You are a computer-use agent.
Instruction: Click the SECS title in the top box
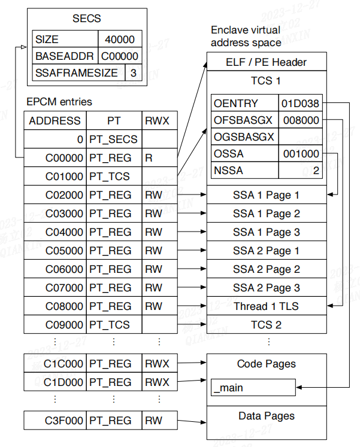click(87, 19)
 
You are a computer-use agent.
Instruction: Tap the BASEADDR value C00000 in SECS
click(120, 56)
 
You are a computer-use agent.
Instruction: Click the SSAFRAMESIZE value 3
click(133, 73)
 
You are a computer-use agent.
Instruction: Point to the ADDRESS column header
click(55, 121)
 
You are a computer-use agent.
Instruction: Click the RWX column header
click(157, 121)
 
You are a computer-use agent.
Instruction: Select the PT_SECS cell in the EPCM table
click(113, 139)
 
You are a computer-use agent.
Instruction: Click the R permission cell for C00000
click(148, 158)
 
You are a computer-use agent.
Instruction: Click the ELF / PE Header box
click(266, 62)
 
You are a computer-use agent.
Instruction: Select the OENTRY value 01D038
click(301, 104)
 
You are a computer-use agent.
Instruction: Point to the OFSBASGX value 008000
click(301, 120)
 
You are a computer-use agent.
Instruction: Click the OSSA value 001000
click(301, 154)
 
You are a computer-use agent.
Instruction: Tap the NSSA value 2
click(315, 171)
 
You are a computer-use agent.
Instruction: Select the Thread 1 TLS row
click(266, 306)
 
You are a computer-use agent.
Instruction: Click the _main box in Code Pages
click(253, 388)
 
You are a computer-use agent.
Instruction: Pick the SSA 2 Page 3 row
click(266, 288)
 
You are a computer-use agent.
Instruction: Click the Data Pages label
click(266, 416)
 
